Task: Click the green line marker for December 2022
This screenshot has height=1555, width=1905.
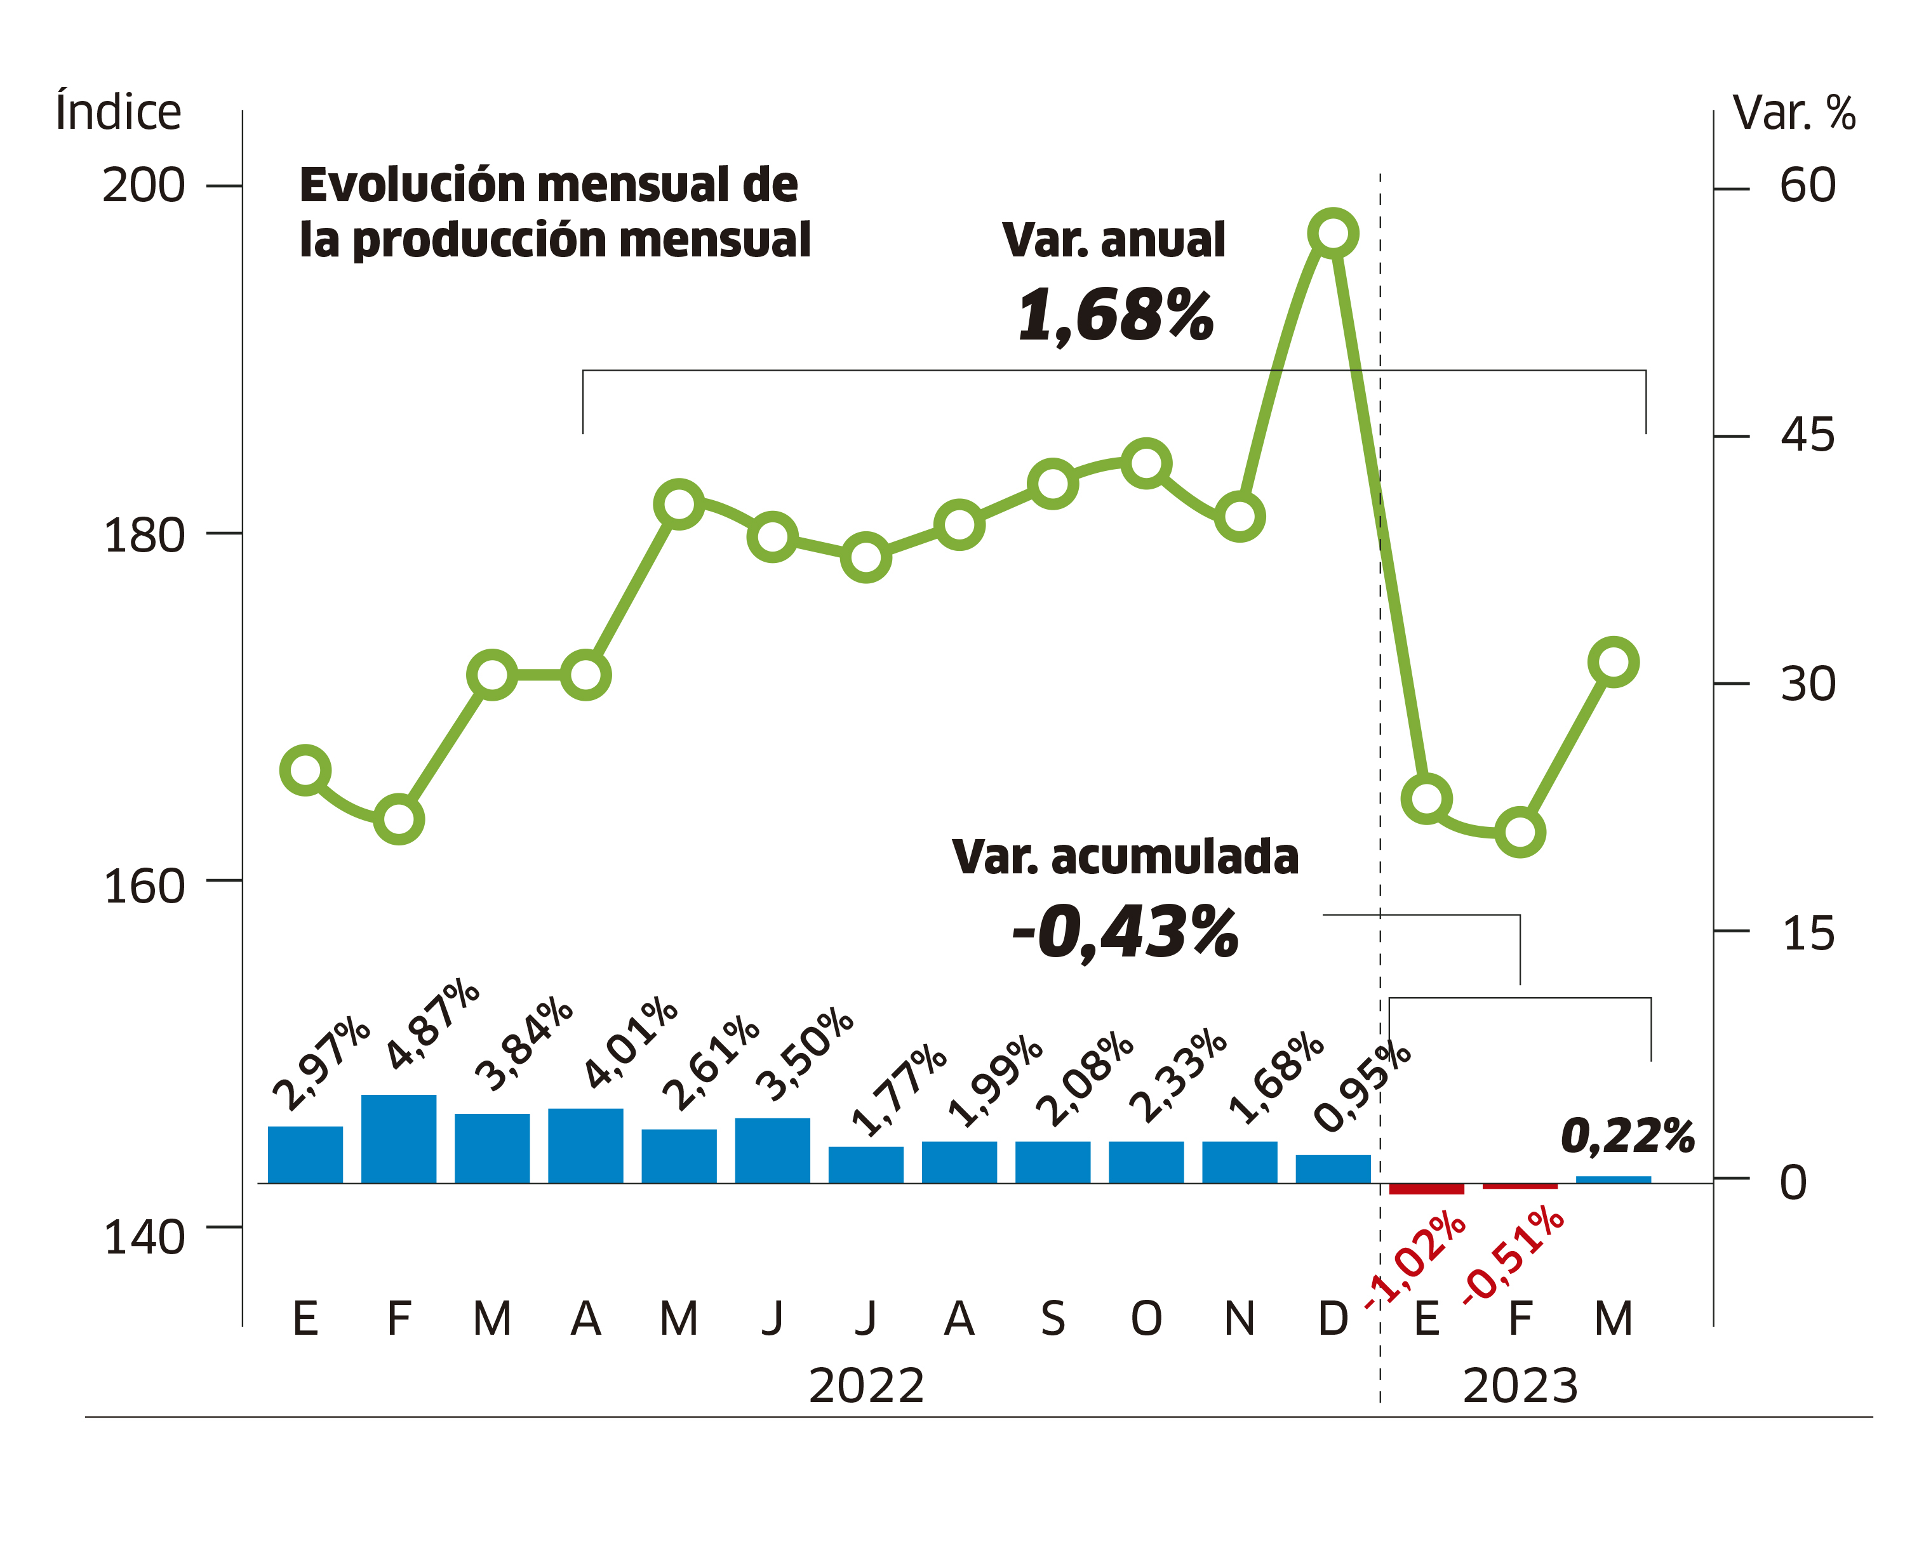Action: (x=1332, y=234)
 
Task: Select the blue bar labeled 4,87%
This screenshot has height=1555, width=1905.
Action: (x=399, y=1139)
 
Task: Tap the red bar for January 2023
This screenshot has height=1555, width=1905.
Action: (x=1426, y=1189)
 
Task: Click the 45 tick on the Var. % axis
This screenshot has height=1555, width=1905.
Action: (x=1807, y=436)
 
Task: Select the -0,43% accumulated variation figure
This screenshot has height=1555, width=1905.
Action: (x=1125, y=932)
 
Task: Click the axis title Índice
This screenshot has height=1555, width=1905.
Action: (x=118, y=112)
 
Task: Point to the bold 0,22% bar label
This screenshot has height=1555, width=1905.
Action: (x=1628, y=1136)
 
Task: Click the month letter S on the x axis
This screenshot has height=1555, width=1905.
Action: (x=1053, y=1318)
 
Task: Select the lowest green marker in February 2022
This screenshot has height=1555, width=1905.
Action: (x=399, y=819)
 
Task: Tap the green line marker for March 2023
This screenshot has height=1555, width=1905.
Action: (x=1613, y=663)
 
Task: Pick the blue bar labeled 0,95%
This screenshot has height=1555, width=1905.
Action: (x=1332, y=1169)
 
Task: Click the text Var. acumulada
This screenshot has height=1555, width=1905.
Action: (x=1125, y=857)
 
